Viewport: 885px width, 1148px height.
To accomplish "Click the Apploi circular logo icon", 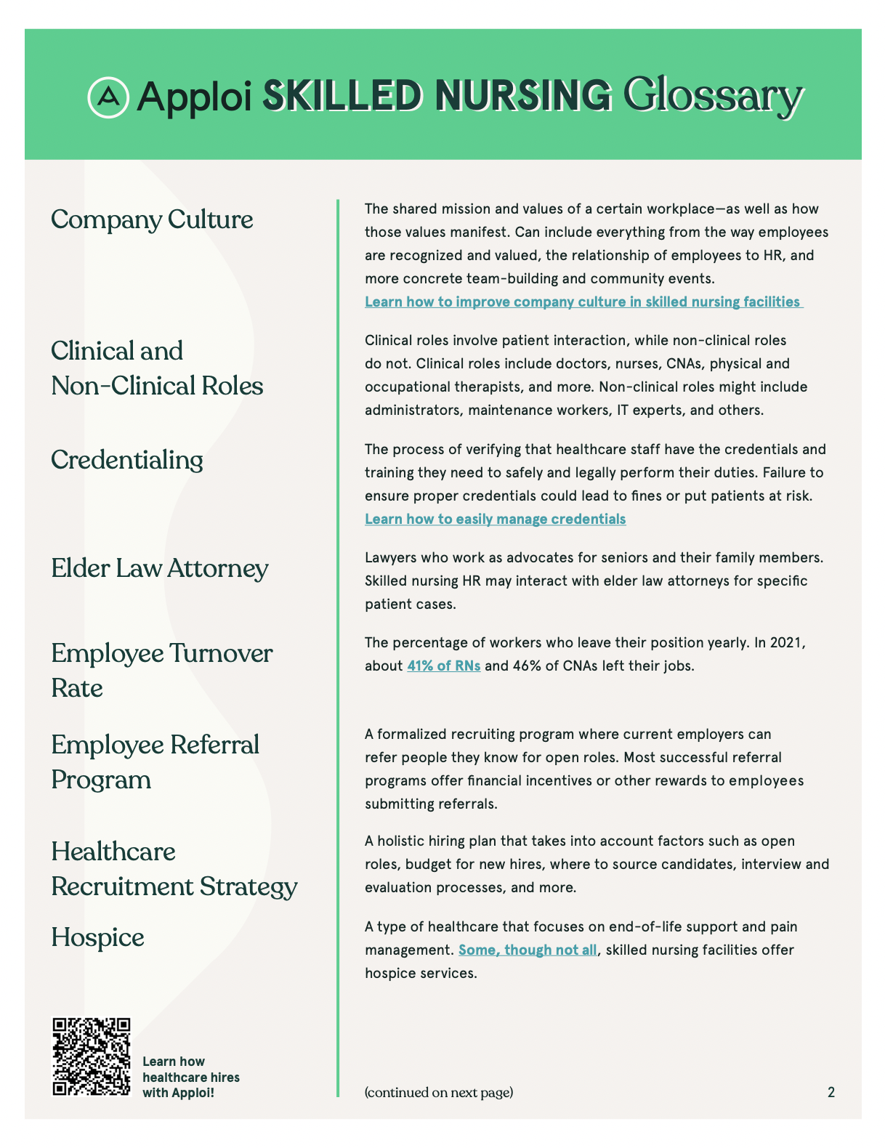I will [x=108, y=97].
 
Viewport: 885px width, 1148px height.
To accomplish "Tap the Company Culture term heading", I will [x=152, y=219].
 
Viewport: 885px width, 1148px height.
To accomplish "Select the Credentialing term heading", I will [x=127, y=460].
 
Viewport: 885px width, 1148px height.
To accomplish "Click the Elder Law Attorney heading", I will [x=160, y=568].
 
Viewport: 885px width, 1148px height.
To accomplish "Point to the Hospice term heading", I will [x=97, y=937].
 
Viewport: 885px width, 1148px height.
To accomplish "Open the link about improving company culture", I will [x=583, y=302].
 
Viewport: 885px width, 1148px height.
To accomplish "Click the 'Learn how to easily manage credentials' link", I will [x=495, y=519].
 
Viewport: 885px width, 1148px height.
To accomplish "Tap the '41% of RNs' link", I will [x=443, y=666].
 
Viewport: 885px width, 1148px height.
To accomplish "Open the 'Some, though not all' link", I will [x=528, y=950].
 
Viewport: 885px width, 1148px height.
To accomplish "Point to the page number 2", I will [x=831, y=1092].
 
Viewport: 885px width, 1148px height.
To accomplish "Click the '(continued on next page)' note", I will [x=439, y=1092].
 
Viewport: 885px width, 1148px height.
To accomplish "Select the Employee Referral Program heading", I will [x=155, y=762].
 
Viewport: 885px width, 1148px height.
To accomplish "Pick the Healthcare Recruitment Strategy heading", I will [x=174, y=869].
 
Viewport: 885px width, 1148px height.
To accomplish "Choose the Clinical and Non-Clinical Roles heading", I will [x=157, y=368].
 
